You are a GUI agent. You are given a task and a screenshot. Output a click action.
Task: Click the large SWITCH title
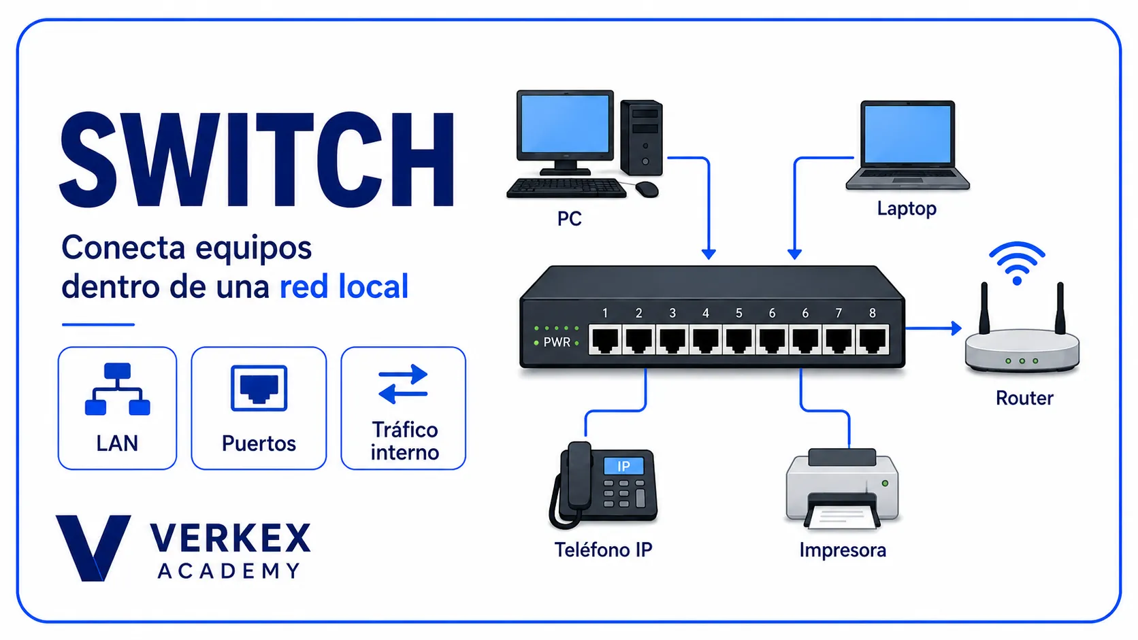(x=257, y=159)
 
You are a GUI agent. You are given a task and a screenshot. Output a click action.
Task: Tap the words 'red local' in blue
(x=344, y=287)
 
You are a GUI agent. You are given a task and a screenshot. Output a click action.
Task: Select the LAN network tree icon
(x=117, y=389)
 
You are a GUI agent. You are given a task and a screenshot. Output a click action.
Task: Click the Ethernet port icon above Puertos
(x=259, y=388)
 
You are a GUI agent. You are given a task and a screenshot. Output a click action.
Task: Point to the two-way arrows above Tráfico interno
(x=404, y=384)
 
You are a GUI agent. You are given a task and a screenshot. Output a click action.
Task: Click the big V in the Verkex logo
(x=93, y=548)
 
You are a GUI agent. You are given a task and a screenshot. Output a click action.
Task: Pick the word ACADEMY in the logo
(x=229, y=571)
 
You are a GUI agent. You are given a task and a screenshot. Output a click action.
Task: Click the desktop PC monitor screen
(x=565, y=124)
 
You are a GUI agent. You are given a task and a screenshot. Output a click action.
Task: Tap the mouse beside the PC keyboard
(x=647, y=190)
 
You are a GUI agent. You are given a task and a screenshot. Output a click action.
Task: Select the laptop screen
(x=907, y=135)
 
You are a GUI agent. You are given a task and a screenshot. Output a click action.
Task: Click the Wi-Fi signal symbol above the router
(x=1017, y=263)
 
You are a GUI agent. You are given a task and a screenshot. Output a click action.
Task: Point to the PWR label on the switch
(x=557, y=342)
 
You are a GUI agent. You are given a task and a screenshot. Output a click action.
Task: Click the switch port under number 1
(x=605, y=339)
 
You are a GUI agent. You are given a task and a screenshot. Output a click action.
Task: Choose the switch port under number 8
(x=873, y=339)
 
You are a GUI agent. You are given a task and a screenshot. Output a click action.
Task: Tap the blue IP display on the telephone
(x=623, y=466)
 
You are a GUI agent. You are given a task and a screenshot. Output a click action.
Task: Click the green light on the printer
(x=885, y=483)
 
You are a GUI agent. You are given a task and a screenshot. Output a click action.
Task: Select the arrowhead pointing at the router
(x=956, y=328)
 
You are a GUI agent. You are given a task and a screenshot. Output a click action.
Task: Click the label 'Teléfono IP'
(x=603, y=550)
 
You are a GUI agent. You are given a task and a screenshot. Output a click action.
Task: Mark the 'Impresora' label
(x=843, y=550)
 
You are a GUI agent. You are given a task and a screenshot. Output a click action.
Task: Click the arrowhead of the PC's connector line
(x=709, y=254)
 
